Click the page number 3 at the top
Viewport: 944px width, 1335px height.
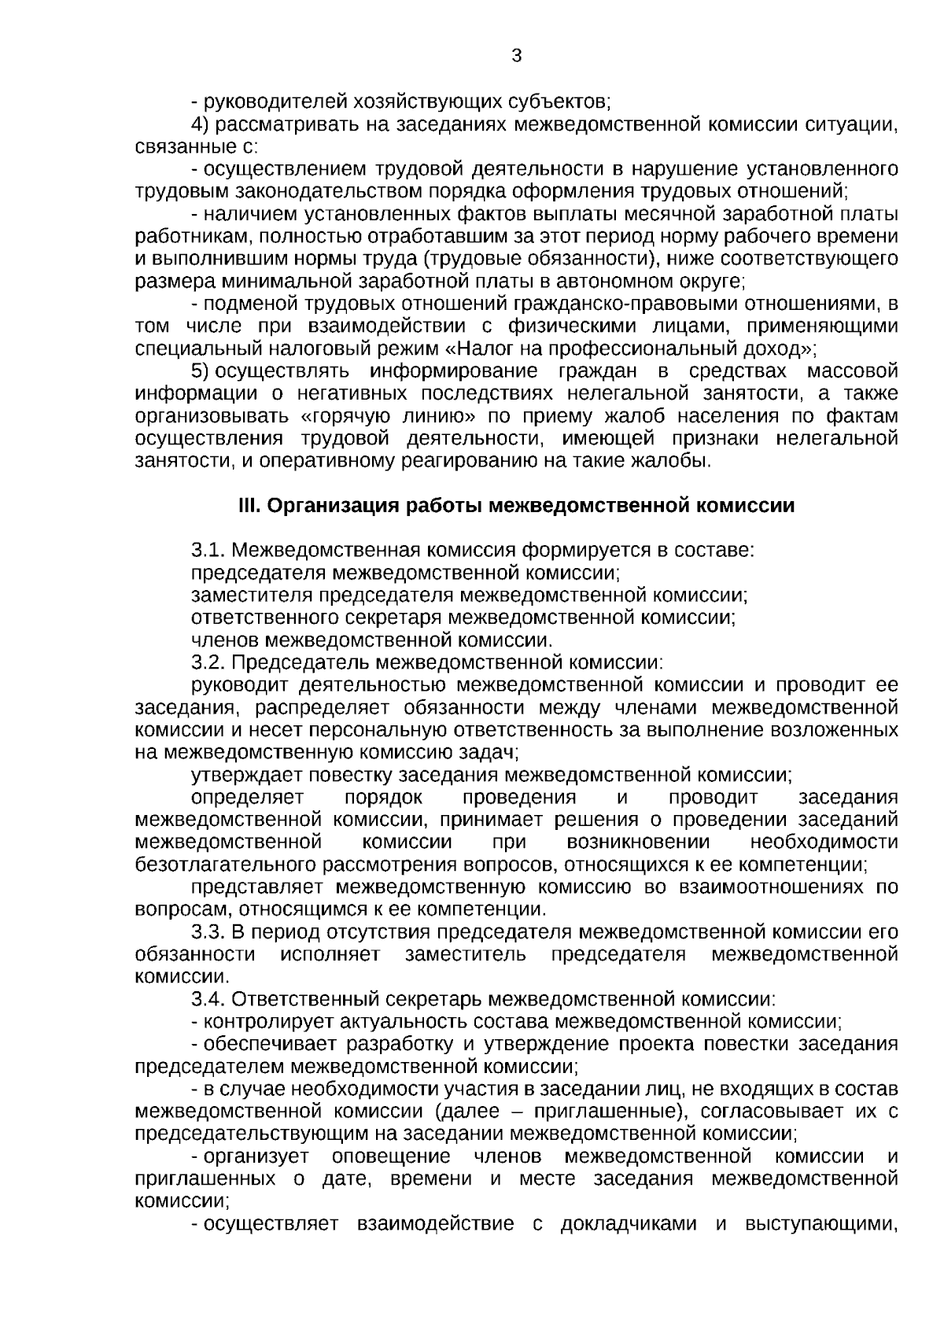(516, 56)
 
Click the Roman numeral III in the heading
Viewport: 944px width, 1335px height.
(249, 506)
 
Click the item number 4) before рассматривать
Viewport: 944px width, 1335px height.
(201, 124)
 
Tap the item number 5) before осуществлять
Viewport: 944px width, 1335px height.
(201, 371)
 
